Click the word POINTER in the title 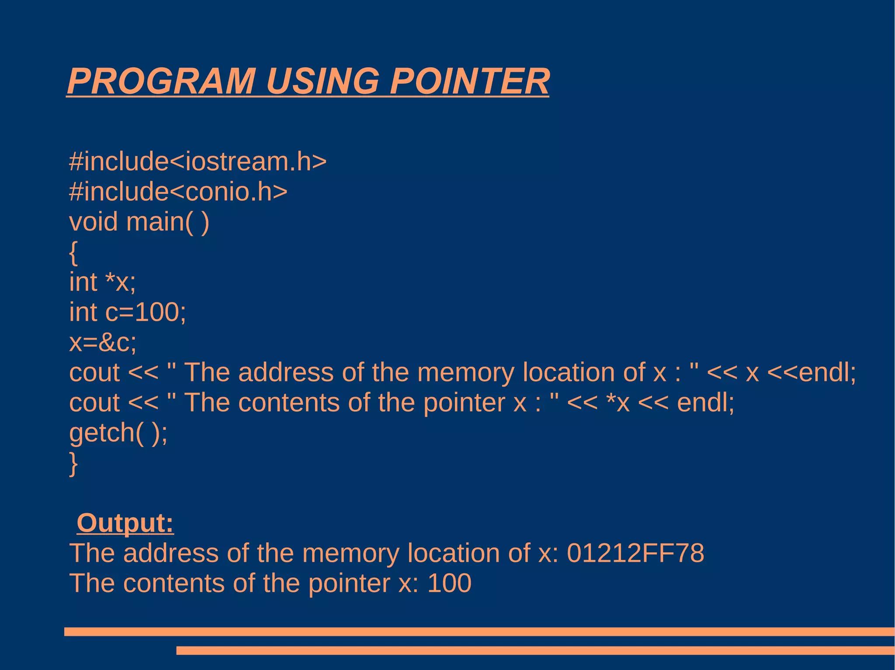[469, 82]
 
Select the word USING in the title [323, 82]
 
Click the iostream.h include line [198, 161]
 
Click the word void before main [94, 221]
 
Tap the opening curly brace [73, 252]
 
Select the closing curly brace [73, 464]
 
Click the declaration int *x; [103, 282]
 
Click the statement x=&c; [103, 342]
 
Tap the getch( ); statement [118, 433]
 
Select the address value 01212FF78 [635, 553]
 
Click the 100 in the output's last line [449, 583]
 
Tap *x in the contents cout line [618, 402]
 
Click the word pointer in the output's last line [349, 583]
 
